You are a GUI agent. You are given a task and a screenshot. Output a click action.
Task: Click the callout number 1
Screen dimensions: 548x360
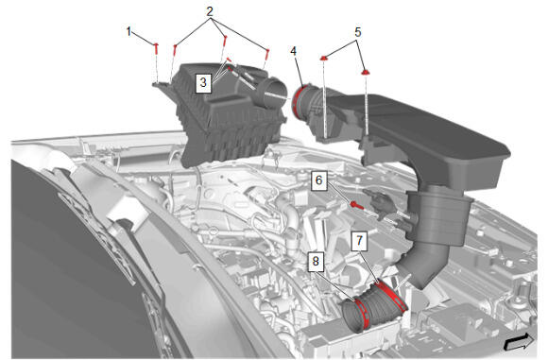click(x=128, y=32)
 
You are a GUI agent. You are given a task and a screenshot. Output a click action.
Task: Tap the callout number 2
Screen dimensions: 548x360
click(x=210, y=11)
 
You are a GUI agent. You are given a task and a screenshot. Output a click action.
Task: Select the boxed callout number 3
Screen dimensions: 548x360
click(x=203, y=82)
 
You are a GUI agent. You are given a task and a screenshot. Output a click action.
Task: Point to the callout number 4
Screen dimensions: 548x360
click(x=293, y=51)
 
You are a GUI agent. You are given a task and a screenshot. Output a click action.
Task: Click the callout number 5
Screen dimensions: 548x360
click(x=357, y=32)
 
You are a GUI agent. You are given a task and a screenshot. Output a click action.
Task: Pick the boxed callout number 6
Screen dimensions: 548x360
click(x=319, y=180)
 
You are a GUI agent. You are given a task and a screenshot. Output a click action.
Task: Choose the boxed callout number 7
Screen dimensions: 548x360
click(x=359, y=240)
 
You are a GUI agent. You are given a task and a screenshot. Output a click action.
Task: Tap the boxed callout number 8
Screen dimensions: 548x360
click(x=316, y=261)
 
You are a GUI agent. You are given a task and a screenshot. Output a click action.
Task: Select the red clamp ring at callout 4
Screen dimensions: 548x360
click(x=297, y=101)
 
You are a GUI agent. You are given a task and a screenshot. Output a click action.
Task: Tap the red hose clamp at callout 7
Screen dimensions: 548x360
click(x=393, y=296)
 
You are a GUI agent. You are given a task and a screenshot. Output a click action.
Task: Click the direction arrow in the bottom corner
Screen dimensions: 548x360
click(x=519, y=341)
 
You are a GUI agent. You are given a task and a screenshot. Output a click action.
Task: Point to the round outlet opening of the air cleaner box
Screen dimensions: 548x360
click(x=273, y=92)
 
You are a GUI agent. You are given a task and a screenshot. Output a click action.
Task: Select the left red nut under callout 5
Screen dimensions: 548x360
click(x=324, y=58)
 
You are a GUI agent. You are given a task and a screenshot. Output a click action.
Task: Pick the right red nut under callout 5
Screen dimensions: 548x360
click(x=366, y=73)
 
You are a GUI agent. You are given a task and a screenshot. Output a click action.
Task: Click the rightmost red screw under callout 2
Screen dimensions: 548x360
click(x=267, y=54)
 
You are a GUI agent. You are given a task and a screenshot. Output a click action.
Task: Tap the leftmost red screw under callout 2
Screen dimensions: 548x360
click(x=175, y=50)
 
